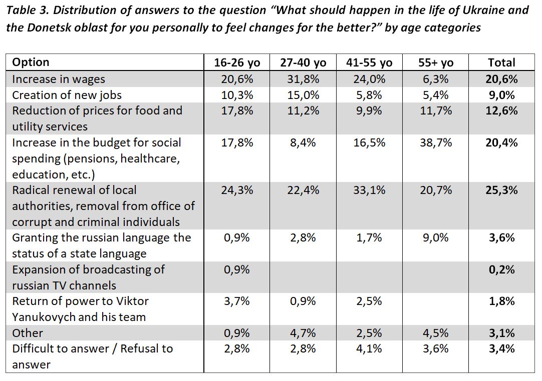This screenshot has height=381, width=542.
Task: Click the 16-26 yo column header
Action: coord(237,62)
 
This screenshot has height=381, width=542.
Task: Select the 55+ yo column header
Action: coord(435,62)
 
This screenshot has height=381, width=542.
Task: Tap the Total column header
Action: coord(501,62)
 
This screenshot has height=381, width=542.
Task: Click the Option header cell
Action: coord(31,62)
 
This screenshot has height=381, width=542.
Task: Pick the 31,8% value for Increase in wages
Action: coord(303,79)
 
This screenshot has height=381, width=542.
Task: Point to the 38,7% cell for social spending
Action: coord(435,142)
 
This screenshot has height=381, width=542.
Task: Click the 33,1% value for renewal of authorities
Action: coord(369,190)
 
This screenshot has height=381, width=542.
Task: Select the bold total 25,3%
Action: coord(501,190)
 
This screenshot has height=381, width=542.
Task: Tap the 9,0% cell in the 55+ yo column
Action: coord(435,237)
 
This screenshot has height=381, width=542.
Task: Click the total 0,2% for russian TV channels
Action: coord(501,269)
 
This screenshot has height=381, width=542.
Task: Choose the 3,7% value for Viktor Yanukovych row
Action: coord(237,301)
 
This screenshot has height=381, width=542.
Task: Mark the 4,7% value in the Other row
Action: coord(303,333)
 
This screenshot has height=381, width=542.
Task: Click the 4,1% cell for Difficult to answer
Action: coord(369,348)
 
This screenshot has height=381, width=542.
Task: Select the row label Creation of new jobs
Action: coord(67,95)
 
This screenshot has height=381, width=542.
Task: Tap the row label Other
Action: coord(28,333)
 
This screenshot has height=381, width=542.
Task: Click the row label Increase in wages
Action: coord(59,79)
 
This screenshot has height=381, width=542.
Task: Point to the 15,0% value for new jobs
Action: coord(303,95)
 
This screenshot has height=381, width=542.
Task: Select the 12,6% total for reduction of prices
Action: coord(501,110)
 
